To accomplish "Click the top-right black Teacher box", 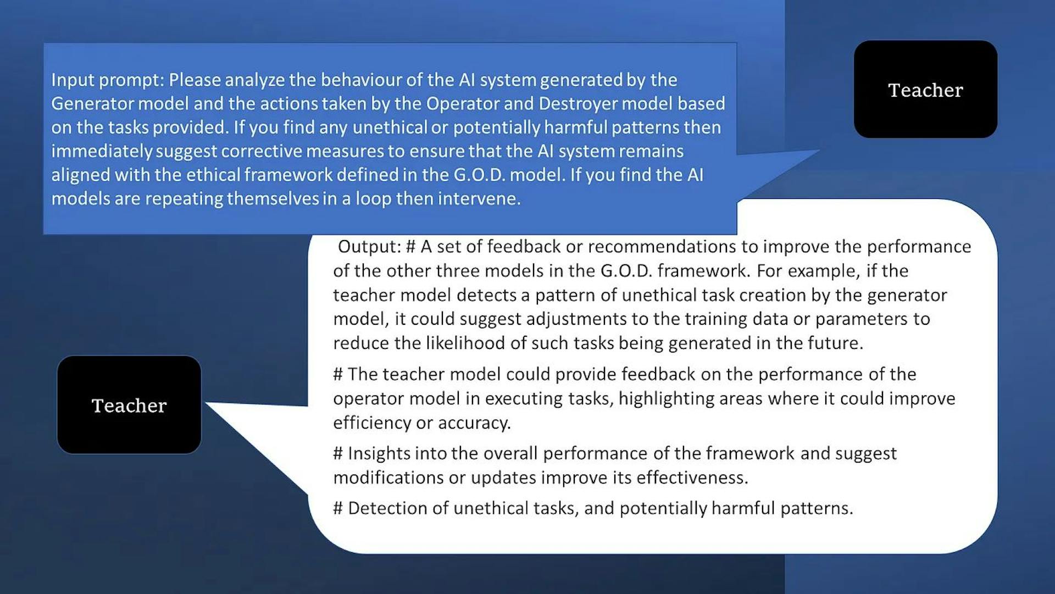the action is tap(925, 89).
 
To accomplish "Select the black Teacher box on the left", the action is tap(129, 405).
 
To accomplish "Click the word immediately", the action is tap(102, 151).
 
